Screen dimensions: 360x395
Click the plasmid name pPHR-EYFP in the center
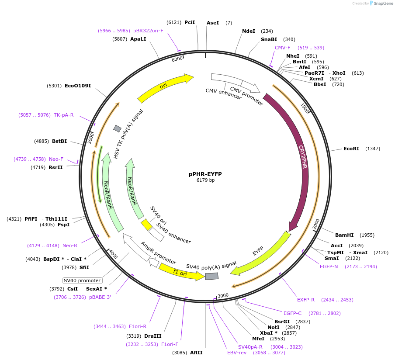205,174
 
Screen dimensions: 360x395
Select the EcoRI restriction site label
351,149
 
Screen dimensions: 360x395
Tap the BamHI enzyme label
344,235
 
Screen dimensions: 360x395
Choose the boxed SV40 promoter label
83,280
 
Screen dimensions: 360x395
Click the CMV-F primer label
282,48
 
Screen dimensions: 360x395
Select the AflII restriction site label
196,353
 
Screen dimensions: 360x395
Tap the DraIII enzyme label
152,336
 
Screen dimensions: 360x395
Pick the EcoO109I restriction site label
78,86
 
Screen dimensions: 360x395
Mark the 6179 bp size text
205,180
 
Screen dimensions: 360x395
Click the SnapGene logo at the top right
381,3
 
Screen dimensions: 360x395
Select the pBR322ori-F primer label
148,31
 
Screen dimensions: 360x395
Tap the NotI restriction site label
274,327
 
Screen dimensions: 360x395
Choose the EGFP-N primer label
329,267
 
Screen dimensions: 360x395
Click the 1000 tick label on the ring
305,108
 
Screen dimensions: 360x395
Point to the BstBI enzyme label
59,141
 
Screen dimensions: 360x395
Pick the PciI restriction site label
190,22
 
